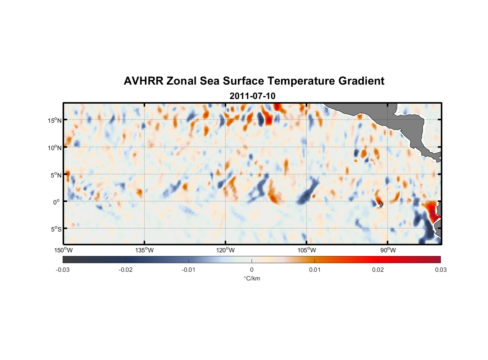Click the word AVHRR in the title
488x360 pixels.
pyautogui.click(x=143, y=81)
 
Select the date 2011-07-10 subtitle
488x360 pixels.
pyautogui.click(x=252, y=96)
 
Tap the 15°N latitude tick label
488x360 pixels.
pyautogui.click(x=55, y=120)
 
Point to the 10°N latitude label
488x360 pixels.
pyautogui.click(x=55, y=148)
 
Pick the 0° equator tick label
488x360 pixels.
pyautogui.click(x=57, y=202)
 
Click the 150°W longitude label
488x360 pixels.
pyautogui.click(x=64, y=250)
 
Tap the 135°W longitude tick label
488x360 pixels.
pyautogui.click(x=145, y=250)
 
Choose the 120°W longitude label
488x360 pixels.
pyautogui.click(x=226, y=250)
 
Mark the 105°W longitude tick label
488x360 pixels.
pyautogui.click(x=307, y=250)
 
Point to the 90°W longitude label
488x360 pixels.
pyautogui.click(x=388, y=250)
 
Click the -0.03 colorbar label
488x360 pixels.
pyautogui.click(x=63, y=270)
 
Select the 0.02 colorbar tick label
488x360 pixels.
pyautogui.click(x=378, y=270)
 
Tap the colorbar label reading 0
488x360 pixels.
pyautogui.click(x=252, y=270)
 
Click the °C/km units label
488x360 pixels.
pyautogui.click(x=252, y=278)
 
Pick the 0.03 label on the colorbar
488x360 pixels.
pyautogui.click(x=440, y=270)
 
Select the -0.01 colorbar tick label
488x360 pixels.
pyautogui.click(x=189, y=270)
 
